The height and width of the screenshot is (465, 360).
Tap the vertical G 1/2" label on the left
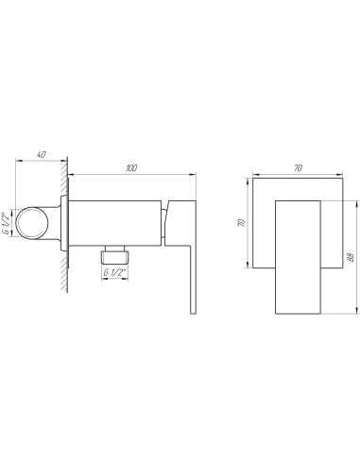click(x=8, y=224)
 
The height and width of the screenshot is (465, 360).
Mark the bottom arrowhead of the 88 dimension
click(x=355, y=310)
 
